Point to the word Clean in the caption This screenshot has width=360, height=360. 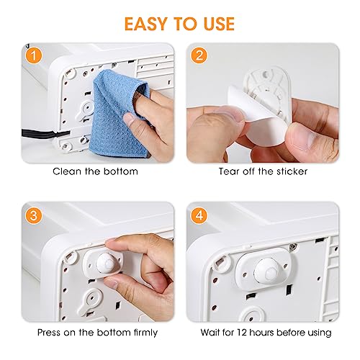[x=68, y=172]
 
